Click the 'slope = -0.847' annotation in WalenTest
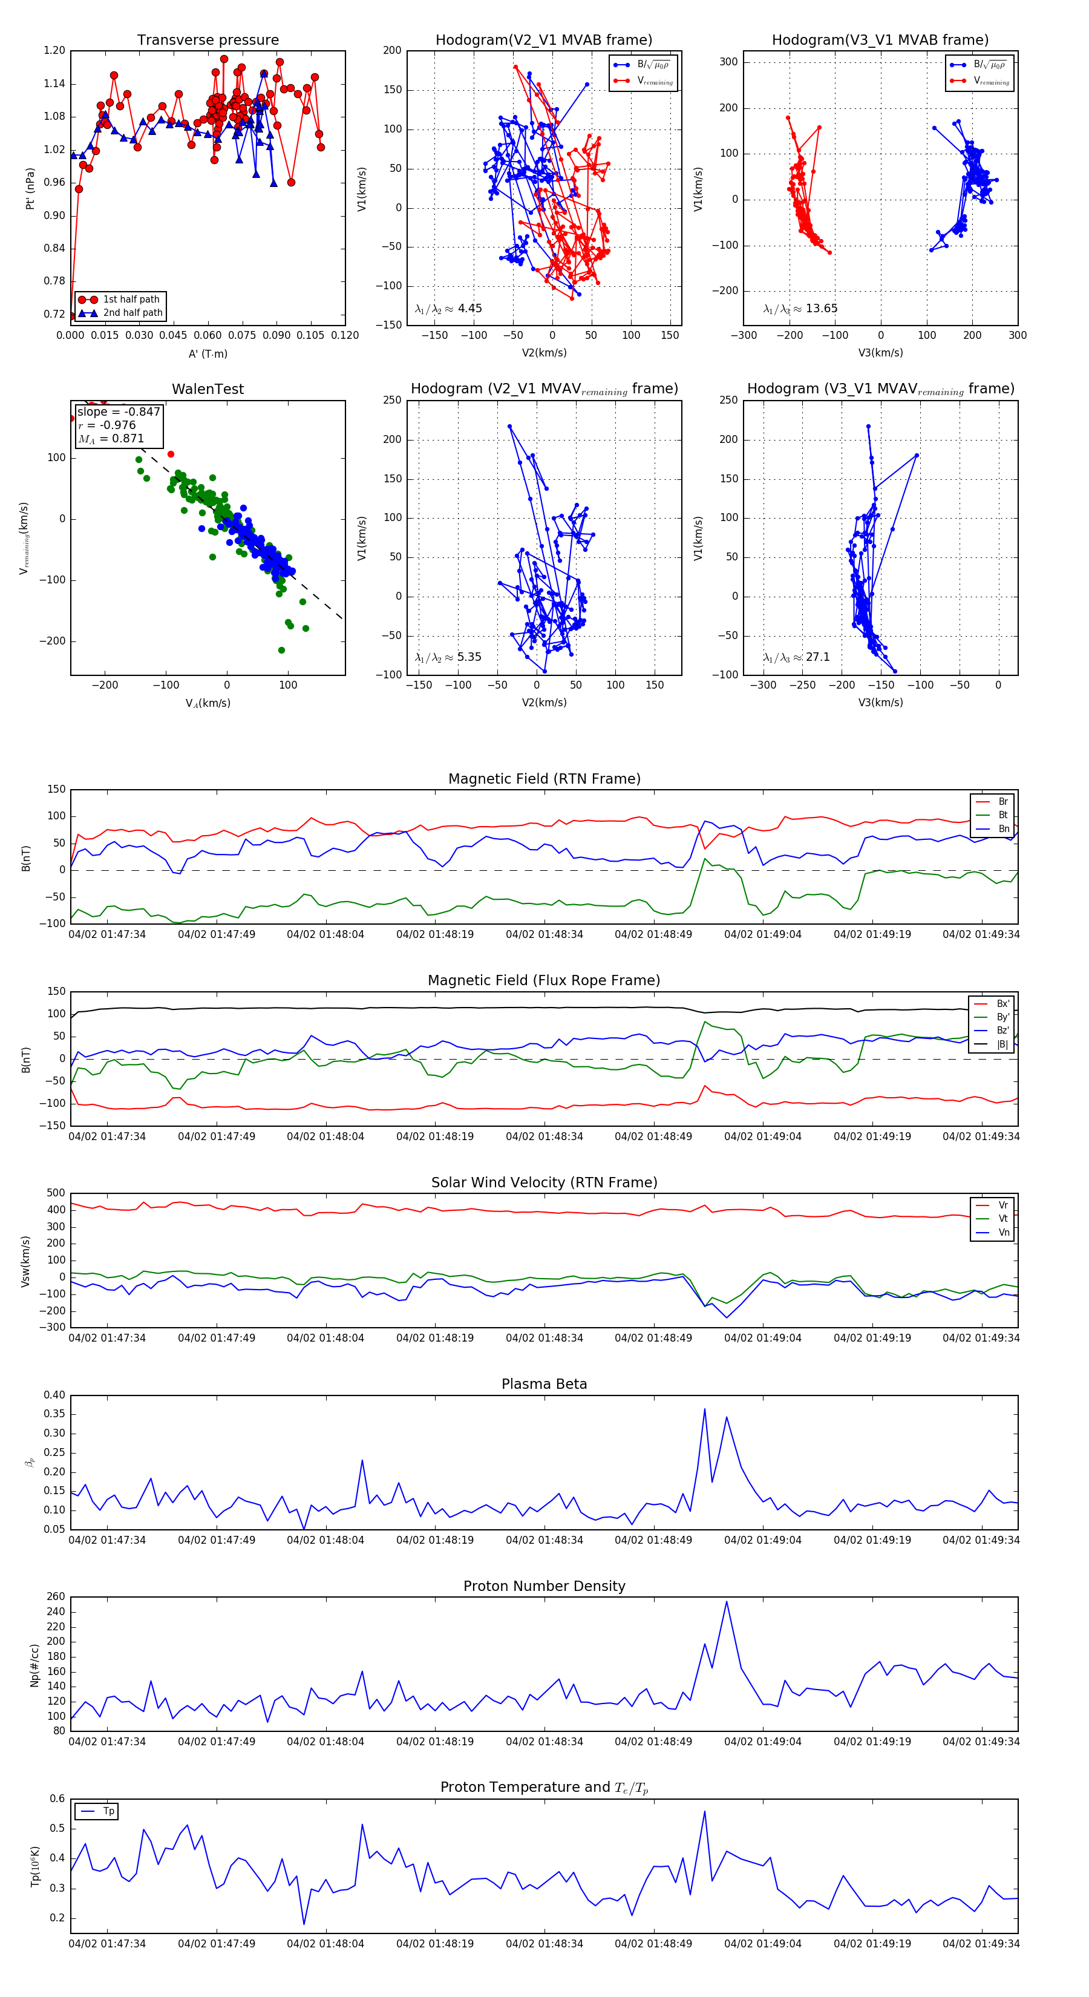point(119,412)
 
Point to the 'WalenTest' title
point(208,389)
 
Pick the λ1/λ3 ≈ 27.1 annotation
point(797,657)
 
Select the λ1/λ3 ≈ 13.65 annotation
point(800,309)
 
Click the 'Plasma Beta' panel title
point(544,1384)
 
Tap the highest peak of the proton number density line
point(726,1602)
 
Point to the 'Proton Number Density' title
point(544,1586)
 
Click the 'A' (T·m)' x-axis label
point(208,354)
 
